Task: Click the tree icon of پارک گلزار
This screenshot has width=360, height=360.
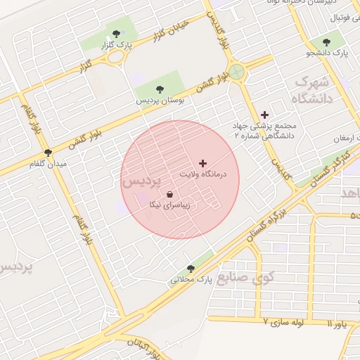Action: tap(116, 34)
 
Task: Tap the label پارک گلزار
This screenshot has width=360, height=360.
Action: tap(117, 45)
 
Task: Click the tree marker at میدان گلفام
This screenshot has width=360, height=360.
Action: tap(48, 152)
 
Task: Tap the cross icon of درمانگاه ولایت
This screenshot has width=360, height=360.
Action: tap(203, 162)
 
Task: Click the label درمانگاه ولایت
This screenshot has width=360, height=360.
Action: tap(203, 174)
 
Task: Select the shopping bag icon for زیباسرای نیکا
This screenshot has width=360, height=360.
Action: tap(169, 194)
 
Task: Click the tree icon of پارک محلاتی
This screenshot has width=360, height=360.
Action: tap(191, 269)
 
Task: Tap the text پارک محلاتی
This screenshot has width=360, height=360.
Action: tap(191, 280)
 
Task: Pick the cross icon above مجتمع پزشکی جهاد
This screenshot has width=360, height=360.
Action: tap(264, 114)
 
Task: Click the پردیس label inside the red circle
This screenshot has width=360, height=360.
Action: tap(141, 181)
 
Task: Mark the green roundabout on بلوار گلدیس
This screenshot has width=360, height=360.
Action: tap(238, 71)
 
